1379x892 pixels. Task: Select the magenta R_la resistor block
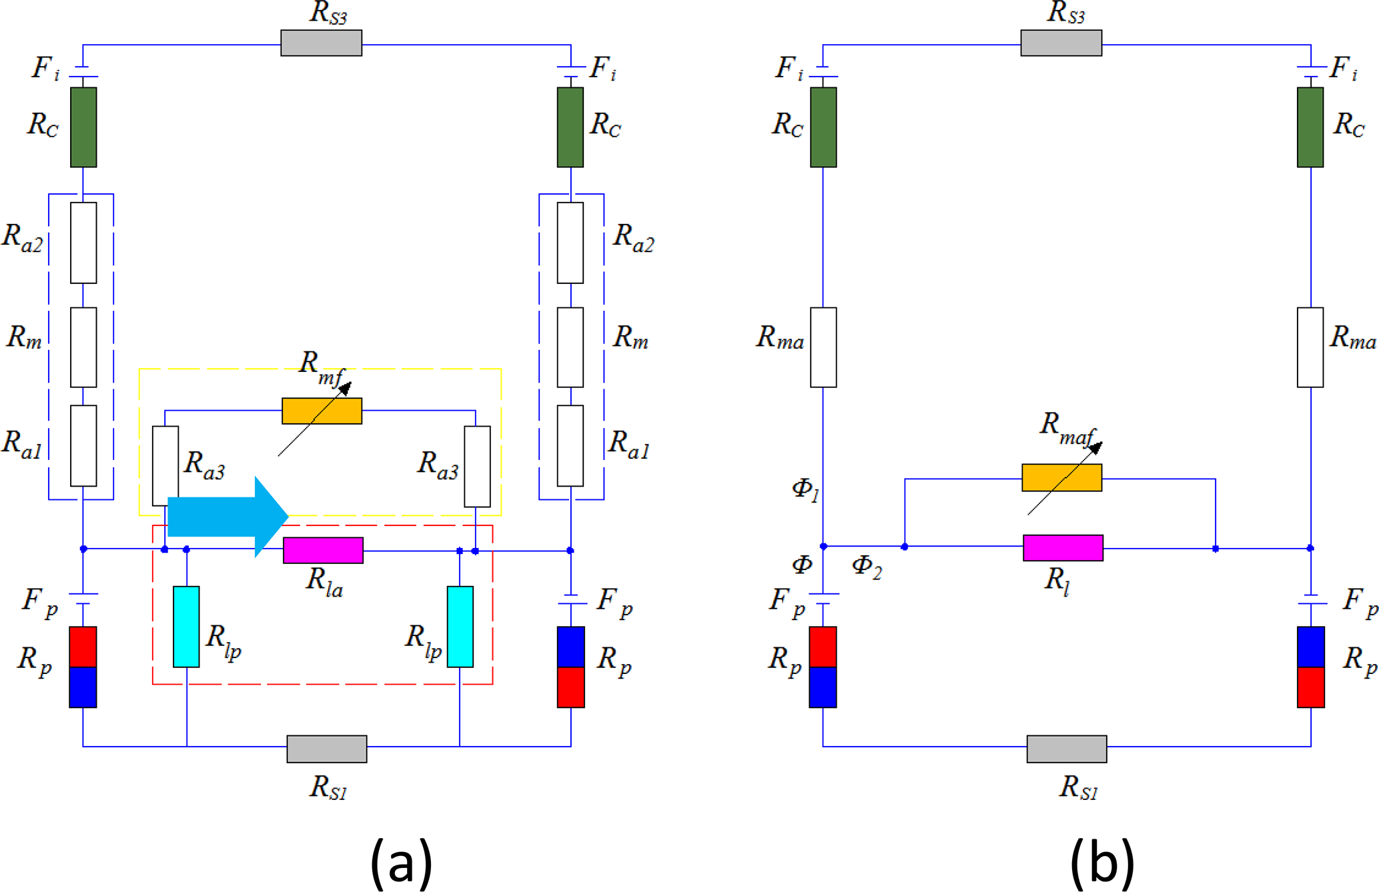pyautogui.click(x=323, y=550)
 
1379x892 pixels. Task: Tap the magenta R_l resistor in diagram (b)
pyautogui.click(x=1063, y=547)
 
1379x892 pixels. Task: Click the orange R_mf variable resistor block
pyautogui.click(x=322, y=411)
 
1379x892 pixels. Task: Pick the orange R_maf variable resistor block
pyautogui.click(x=1061, y=477)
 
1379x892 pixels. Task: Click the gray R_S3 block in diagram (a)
pyautogui.click(x=321, y=43)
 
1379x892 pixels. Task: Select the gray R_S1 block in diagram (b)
pyautogui.click(x=1066, y=749)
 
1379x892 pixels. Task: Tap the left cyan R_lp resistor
pyautogui.click(x=186, y=627)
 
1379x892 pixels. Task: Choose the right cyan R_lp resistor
pyautogui.click(x=460, y=627)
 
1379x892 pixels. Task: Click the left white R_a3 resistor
pyautogui.click(x=165, y=466)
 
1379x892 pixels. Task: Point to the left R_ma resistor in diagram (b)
pyautogui.click(x=823, y=347)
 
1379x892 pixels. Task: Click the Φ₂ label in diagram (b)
pyautogui.click(x=867, y=567)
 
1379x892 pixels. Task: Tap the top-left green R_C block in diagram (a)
pyautogui.click(x=83, y=127)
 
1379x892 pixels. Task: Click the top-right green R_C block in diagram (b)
pyautogui.click(x=1310, y=127)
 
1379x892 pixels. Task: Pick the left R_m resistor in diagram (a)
pyautogui.click(x=83, y=347)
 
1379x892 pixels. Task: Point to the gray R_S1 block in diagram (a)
pyautogui.click(x=326, y=749)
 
